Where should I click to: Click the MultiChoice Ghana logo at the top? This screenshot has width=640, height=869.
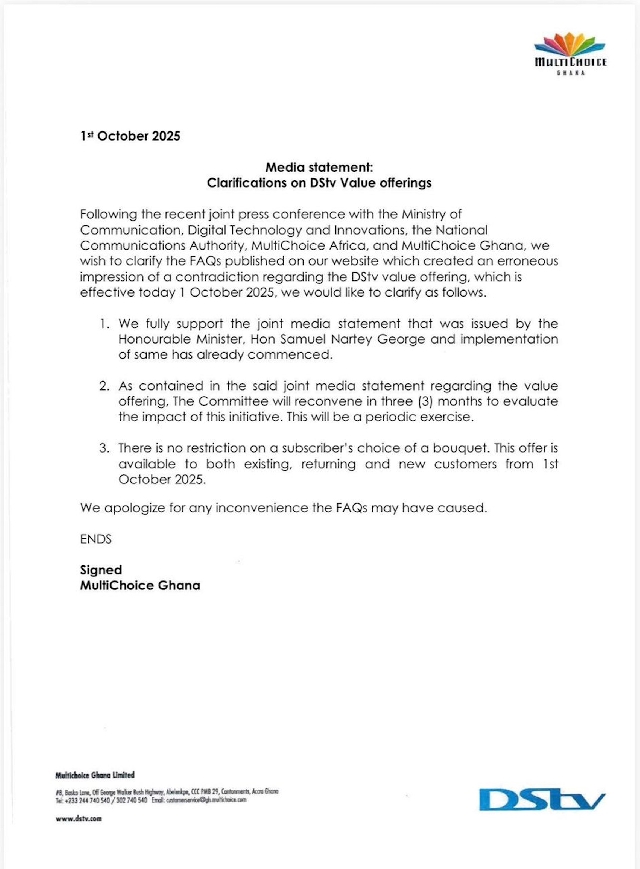pyautogui.click(x=570, y=53)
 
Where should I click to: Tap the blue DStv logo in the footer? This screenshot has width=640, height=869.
pyautogui.click(x=541, y=799)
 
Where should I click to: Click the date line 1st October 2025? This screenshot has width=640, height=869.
pyautogui.click(x=130, y=136)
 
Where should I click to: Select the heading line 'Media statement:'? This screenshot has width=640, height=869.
pyautogui.click(x=319, y=168)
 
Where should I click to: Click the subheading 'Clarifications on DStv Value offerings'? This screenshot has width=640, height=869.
pyautogui.click(x=319, y=183)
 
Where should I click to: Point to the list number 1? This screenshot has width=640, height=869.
pyautogui.click(x=103, y=324)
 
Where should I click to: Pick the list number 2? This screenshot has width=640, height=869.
pyautogui.click(x=103, y=386)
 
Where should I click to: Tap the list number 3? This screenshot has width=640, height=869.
pyautogui.click(x=103, y=447)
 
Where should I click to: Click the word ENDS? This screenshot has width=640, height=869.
pyautogui.click(x=96, y=539)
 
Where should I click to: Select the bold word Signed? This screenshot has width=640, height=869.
pyautogui.click(x=101, y=570)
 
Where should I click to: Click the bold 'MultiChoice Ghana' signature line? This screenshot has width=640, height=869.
pyautogui.click(x=139, y=585)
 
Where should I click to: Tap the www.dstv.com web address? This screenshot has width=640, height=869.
pyautogui.click(x=78, y=819)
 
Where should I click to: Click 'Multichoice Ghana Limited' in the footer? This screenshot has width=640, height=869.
pyautogui.click(x=95, y=775)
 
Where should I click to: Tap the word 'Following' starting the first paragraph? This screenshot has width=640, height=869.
pyautogui.click(x=111, y=215)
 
